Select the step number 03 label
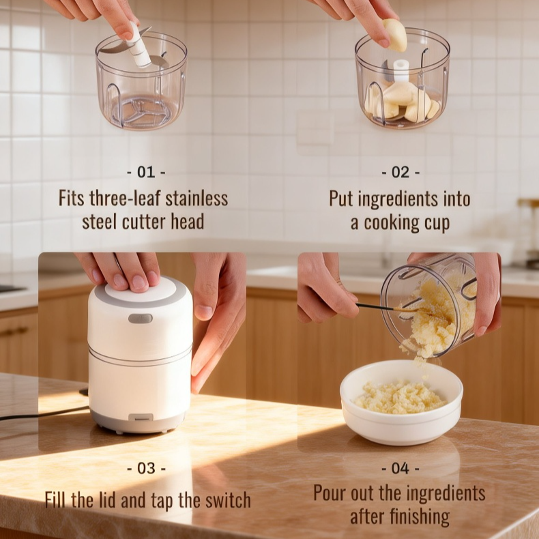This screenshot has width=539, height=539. click(146, 469)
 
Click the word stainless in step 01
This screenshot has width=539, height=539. click(194, 199)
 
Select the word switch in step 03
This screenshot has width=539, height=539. click(227, 500)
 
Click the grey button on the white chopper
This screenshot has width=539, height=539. click(140, 318)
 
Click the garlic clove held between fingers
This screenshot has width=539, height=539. click(394, 35)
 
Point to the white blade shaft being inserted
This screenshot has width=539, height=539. click(139, 46)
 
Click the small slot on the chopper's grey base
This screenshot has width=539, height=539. click(140, 417)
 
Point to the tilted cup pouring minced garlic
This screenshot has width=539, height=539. click(430, 304)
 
